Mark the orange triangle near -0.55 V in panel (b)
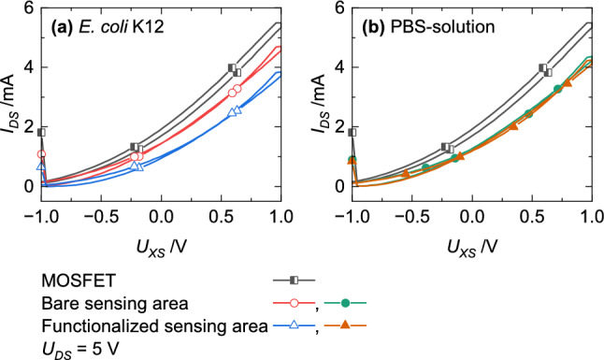pyautogui.click(x=405, y=173)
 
